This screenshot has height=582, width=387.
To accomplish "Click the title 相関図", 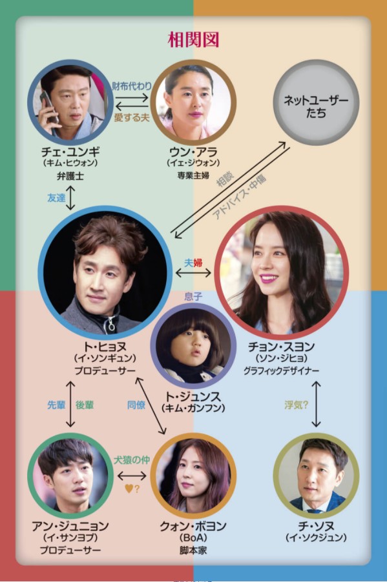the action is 193,40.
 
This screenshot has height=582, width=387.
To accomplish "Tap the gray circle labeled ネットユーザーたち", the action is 317,103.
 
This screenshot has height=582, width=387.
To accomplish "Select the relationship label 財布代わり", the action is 132,86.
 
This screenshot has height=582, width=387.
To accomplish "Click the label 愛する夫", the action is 132,117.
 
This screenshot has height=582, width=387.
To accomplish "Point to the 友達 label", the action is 56,198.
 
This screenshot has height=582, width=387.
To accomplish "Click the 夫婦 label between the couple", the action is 193,263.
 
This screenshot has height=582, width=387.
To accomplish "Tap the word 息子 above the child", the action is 193,296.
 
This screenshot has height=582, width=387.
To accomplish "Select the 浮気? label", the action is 297,405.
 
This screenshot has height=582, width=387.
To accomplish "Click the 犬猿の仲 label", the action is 132,460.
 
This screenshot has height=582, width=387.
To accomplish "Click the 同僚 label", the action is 136,405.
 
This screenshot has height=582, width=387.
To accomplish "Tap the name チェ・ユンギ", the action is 70,152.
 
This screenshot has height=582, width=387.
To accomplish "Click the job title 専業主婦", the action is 193,176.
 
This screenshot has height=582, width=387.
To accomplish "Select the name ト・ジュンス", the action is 193,396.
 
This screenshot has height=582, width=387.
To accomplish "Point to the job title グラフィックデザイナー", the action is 282,370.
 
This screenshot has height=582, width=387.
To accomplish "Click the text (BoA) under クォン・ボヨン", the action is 193,537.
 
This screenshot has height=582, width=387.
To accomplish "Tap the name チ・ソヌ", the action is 316,526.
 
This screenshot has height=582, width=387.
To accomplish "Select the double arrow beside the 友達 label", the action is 70,198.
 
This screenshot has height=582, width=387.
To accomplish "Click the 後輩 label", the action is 85,405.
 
